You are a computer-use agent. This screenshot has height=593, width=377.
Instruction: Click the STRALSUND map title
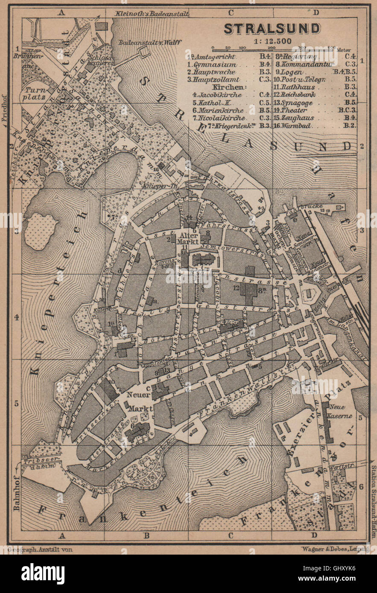coord(272,29)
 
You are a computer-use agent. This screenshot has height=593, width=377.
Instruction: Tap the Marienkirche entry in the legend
coord(215,110)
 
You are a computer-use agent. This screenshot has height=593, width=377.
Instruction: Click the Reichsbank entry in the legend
coord(298,95)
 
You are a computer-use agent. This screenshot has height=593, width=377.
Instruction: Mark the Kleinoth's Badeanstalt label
coord(152,14)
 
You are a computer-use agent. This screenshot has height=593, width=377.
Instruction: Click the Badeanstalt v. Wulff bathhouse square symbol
coord(144,52)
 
